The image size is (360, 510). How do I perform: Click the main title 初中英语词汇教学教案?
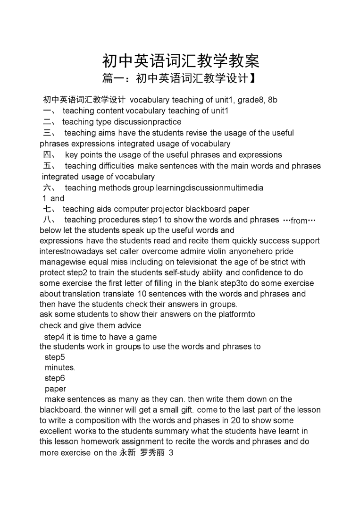[181, 61]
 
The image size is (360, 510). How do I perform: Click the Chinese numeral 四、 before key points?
[50, 155]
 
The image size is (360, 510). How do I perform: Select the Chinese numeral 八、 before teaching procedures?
[50, 220]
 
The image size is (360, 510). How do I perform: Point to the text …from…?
[299, 221]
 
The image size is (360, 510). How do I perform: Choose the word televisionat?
[191, 262]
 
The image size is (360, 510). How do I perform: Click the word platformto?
[234, 314]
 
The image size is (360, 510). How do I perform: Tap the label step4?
[54, 337]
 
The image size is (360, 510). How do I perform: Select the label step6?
[55, 378]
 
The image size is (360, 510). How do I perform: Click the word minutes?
[60, 367]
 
